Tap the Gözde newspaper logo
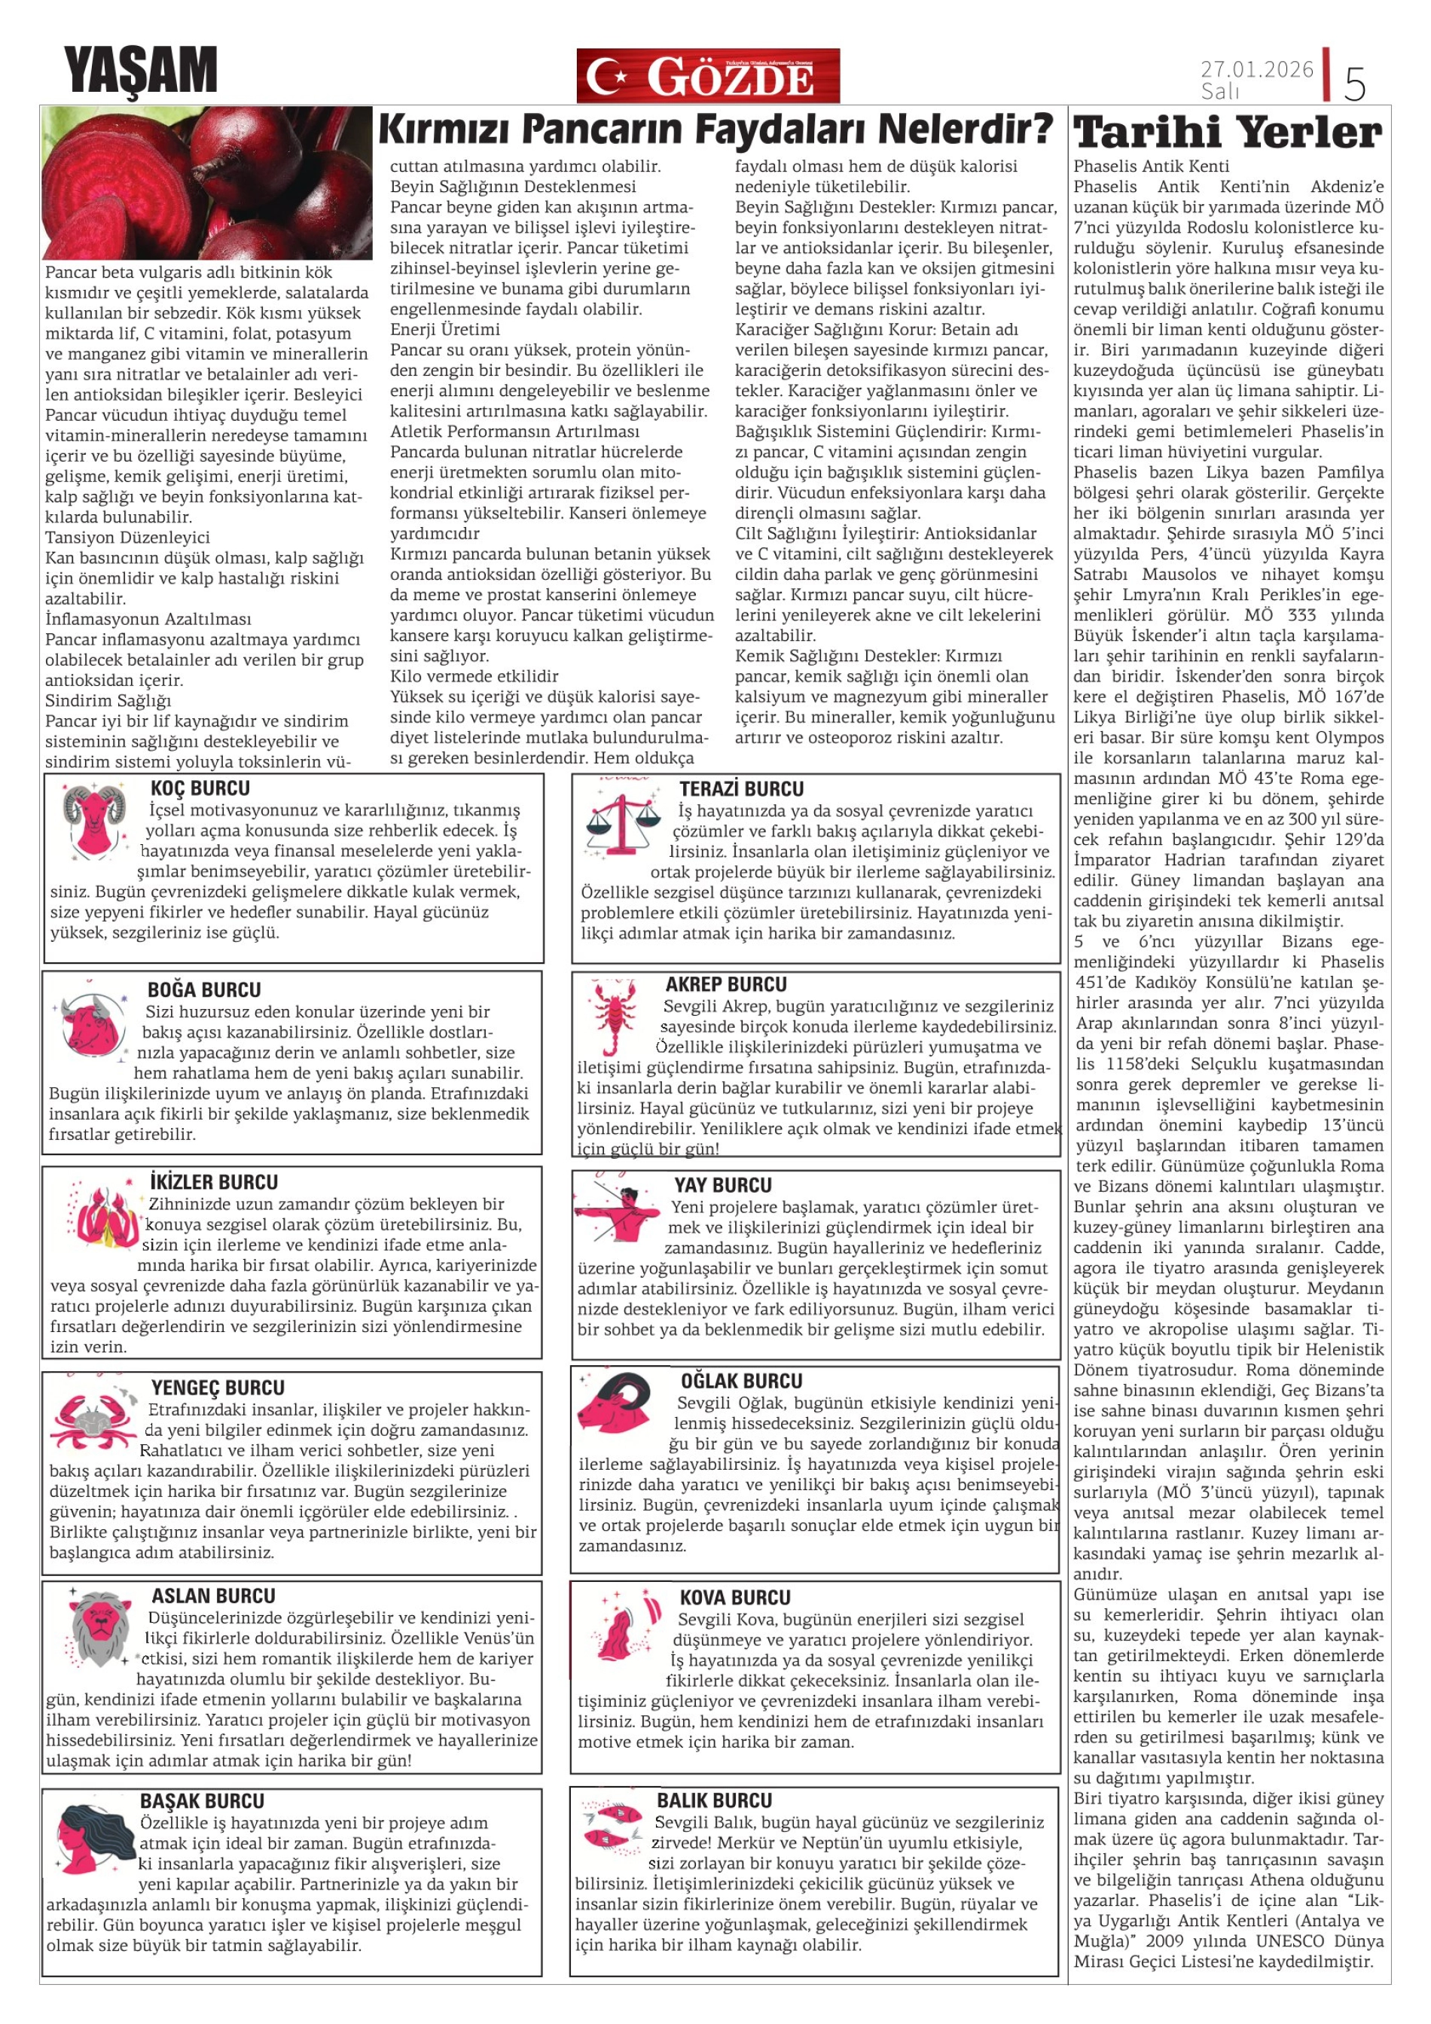click(708, 76)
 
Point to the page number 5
click(1354, 84)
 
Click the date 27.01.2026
click(1256, 69)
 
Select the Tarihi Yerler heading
click(1228, 133)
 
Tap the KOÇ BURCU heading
click(200, 788)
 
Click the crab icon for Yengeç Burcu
click(92, 1420)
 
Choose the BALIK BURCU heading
click(714, 1800)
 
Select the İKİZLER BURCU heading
click(213, 1182)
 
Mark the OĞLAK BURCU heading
click(740, 1382)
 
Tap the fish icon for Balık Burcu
click(614, 1829)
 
